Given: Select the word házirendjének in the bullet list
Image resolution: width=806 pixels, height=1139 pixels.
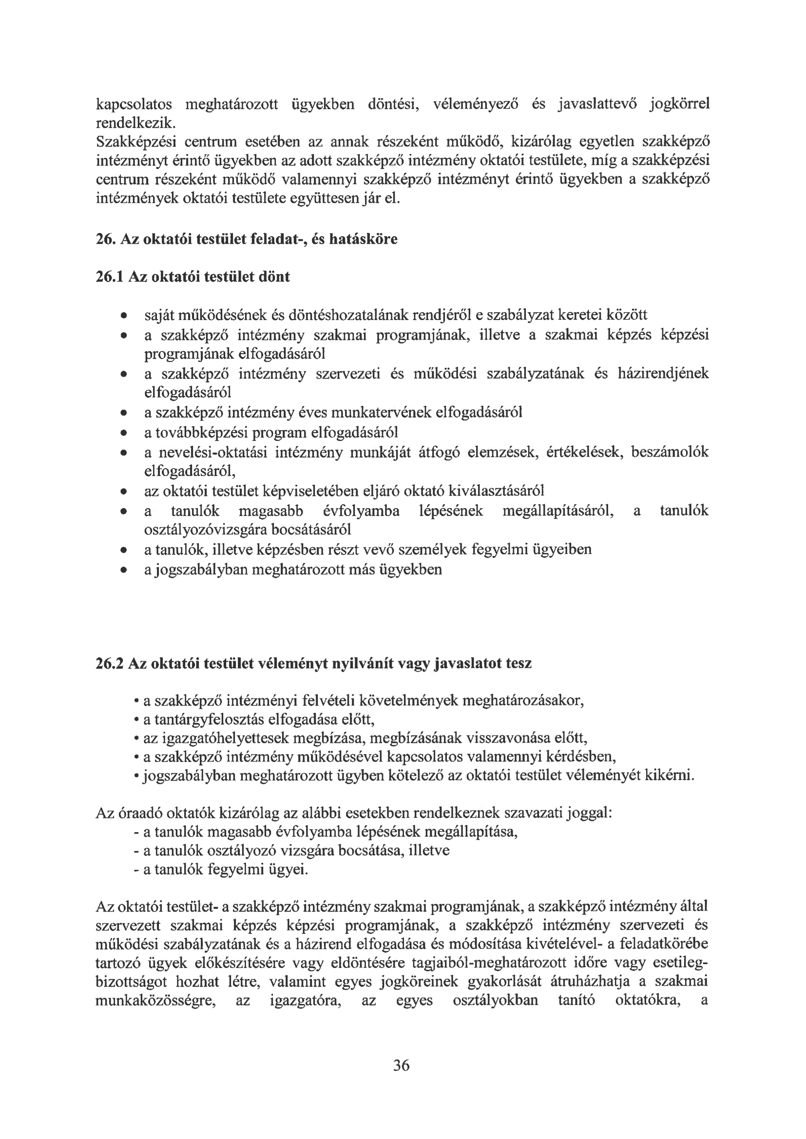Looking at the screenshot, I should [663, 374].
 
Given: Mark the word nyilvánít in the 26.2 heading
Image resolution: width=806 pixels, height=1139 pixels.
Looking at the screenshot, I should [360, 663].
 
